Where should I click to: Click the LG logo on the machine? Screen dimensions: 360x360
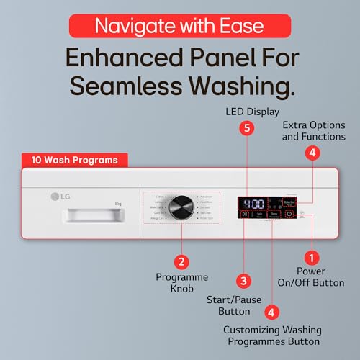[56, 194]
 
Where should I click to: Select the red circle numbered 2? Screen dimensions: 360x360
[182, 262]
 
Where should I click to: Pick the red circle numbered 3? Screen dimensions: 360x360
[244, 281]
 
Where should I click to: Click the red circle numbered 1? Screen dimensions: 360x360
[311, 256]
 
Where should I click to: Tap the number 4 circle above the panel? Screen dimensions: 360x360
[312, 153]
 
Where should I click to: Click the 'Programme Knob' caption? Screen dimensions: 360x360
[182, 283]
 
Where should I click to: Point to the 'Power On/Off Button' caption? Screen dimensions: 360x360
[311, 277]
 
